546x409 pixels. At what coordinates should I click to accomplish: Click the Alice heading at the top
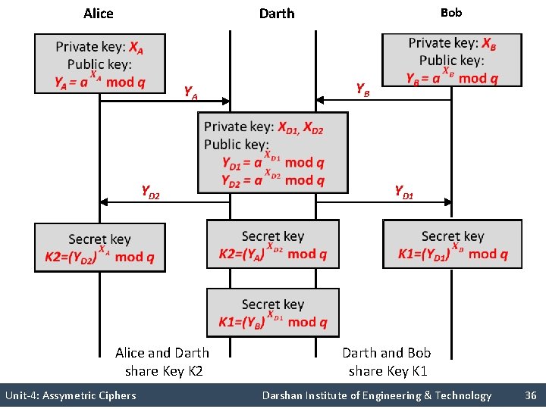tap(99, 14)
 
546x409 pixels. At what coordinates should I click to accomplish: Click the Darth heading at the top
tap(277, 14)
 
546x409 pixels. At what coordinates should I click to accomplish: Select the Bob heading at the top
tap(451, 12)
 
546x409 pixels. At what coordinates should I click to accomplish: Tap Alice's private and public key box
tap(99, 64)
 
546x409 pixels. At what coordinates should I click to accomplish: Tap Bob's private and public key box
tap(452, 60)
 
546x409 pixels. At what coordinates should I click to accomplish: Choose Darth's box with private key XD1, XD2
tap(273, 153)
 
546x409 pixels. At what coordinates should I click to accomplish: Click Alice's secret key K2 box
tap(99, 248)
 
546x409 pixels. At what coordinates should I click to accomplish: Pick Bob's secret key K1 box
tap(452, 245)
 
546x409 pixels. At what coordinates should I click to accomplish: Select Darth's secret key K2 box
tap(273, 245)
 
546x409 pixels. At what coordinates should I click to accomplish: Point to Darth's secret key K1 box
tap(273, 313)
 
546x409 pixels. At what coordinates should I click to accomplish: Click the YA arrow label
tap(191, 93)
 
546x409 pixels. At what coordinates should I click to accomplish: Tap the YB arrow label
tap(363, 89)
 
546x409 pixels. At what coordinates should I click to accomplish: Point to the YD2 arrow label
tap(150, 192)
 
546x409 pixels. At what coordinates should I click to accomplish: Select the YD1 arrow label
tap(403, 192)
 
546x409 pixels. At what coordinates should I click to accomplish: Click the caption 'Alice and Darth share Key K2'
tap(162, 361)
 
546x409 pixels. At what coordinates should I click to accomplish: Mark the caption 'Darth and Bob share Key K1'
tap(387, 361)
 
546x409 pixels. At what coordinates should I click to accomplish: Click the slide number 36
tap(530, 395)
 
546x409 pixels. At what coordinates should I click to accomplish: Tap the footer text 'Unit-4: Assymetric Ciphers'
tap(71, 395)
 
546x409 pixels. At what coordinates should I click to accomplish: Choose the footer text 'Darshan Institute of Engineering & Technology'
tap(376, 395)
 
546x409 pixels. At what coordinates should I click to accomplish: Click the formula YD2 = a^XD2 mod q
tap(273, 180)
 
